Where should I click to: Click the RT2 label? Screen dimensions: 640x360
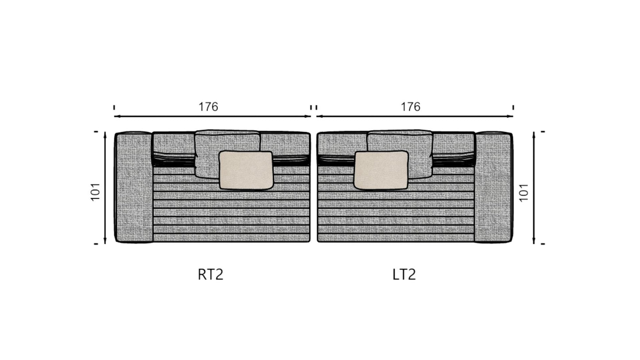pos(210,275)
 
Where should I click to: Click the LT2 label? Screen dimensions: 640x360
pos(404,275)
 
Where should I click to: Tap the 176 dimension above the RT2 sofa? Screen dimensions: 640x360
pos(208,107)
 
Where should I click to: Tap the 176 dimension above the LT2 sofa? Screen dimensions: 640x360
pos(411,107)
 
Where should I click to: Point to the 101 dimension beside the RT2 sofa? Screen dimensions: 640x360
pos(95,192)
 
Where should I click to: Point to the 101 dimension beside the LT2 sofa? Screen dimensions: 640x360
pos(524,193)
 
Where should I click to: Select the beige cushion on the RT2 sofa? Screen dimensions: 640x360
pos(246,170)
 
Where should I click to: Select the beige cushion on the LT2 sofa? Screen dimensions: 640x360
pos(381,170)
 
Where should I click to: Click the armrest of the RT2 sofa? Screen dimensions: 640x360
pos(133,187)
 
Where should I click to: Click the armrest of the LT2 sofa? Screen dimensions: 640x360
pos(493,187)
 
